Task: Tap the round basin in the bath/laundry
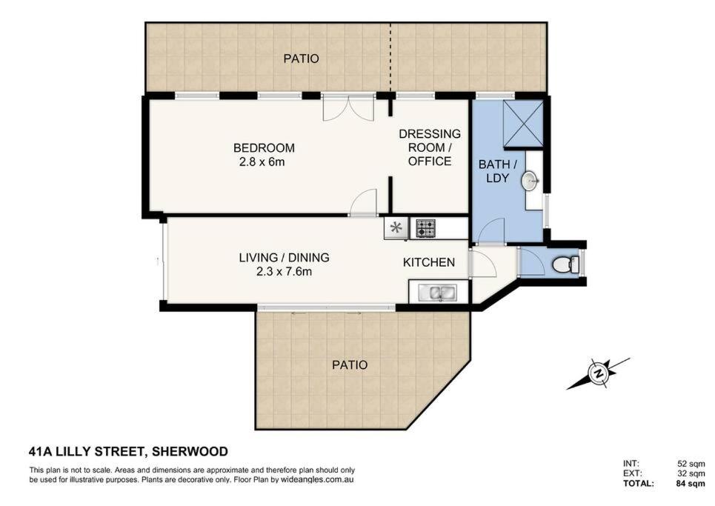(x=530, y=181)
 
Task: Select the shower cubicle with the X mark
(x=523, y=124)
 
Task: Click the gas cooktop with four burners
(x=425, y=228)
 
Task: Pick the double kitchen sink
(x=437, y=293)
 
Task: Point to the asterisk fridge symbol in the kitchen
(x=396, y=227)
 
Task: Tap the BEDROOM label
(x=264, y=147)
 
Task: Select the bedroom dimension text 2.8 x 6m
(x=262, y=162)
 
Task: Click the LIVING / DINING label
(x=284, y=258)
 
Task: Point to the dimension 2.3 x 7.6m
(x=284, y=272)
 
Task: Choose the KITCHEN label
(x=429, y=262)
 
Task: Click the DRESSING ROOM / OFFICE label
(x=430, y=147)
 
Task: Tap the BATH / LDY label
(x=497, y=171)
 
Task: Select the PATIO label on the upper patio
(x=301, y=59)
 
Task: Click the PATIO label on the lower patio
(x=350, y=365)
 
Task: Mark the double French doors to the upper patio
(x=348, y=107)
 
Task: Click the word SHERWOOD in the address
(x=190, y=452)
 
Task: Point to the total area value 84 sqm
(x=691, y=483)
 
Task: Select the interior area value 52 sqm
(x=691, y=464)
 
